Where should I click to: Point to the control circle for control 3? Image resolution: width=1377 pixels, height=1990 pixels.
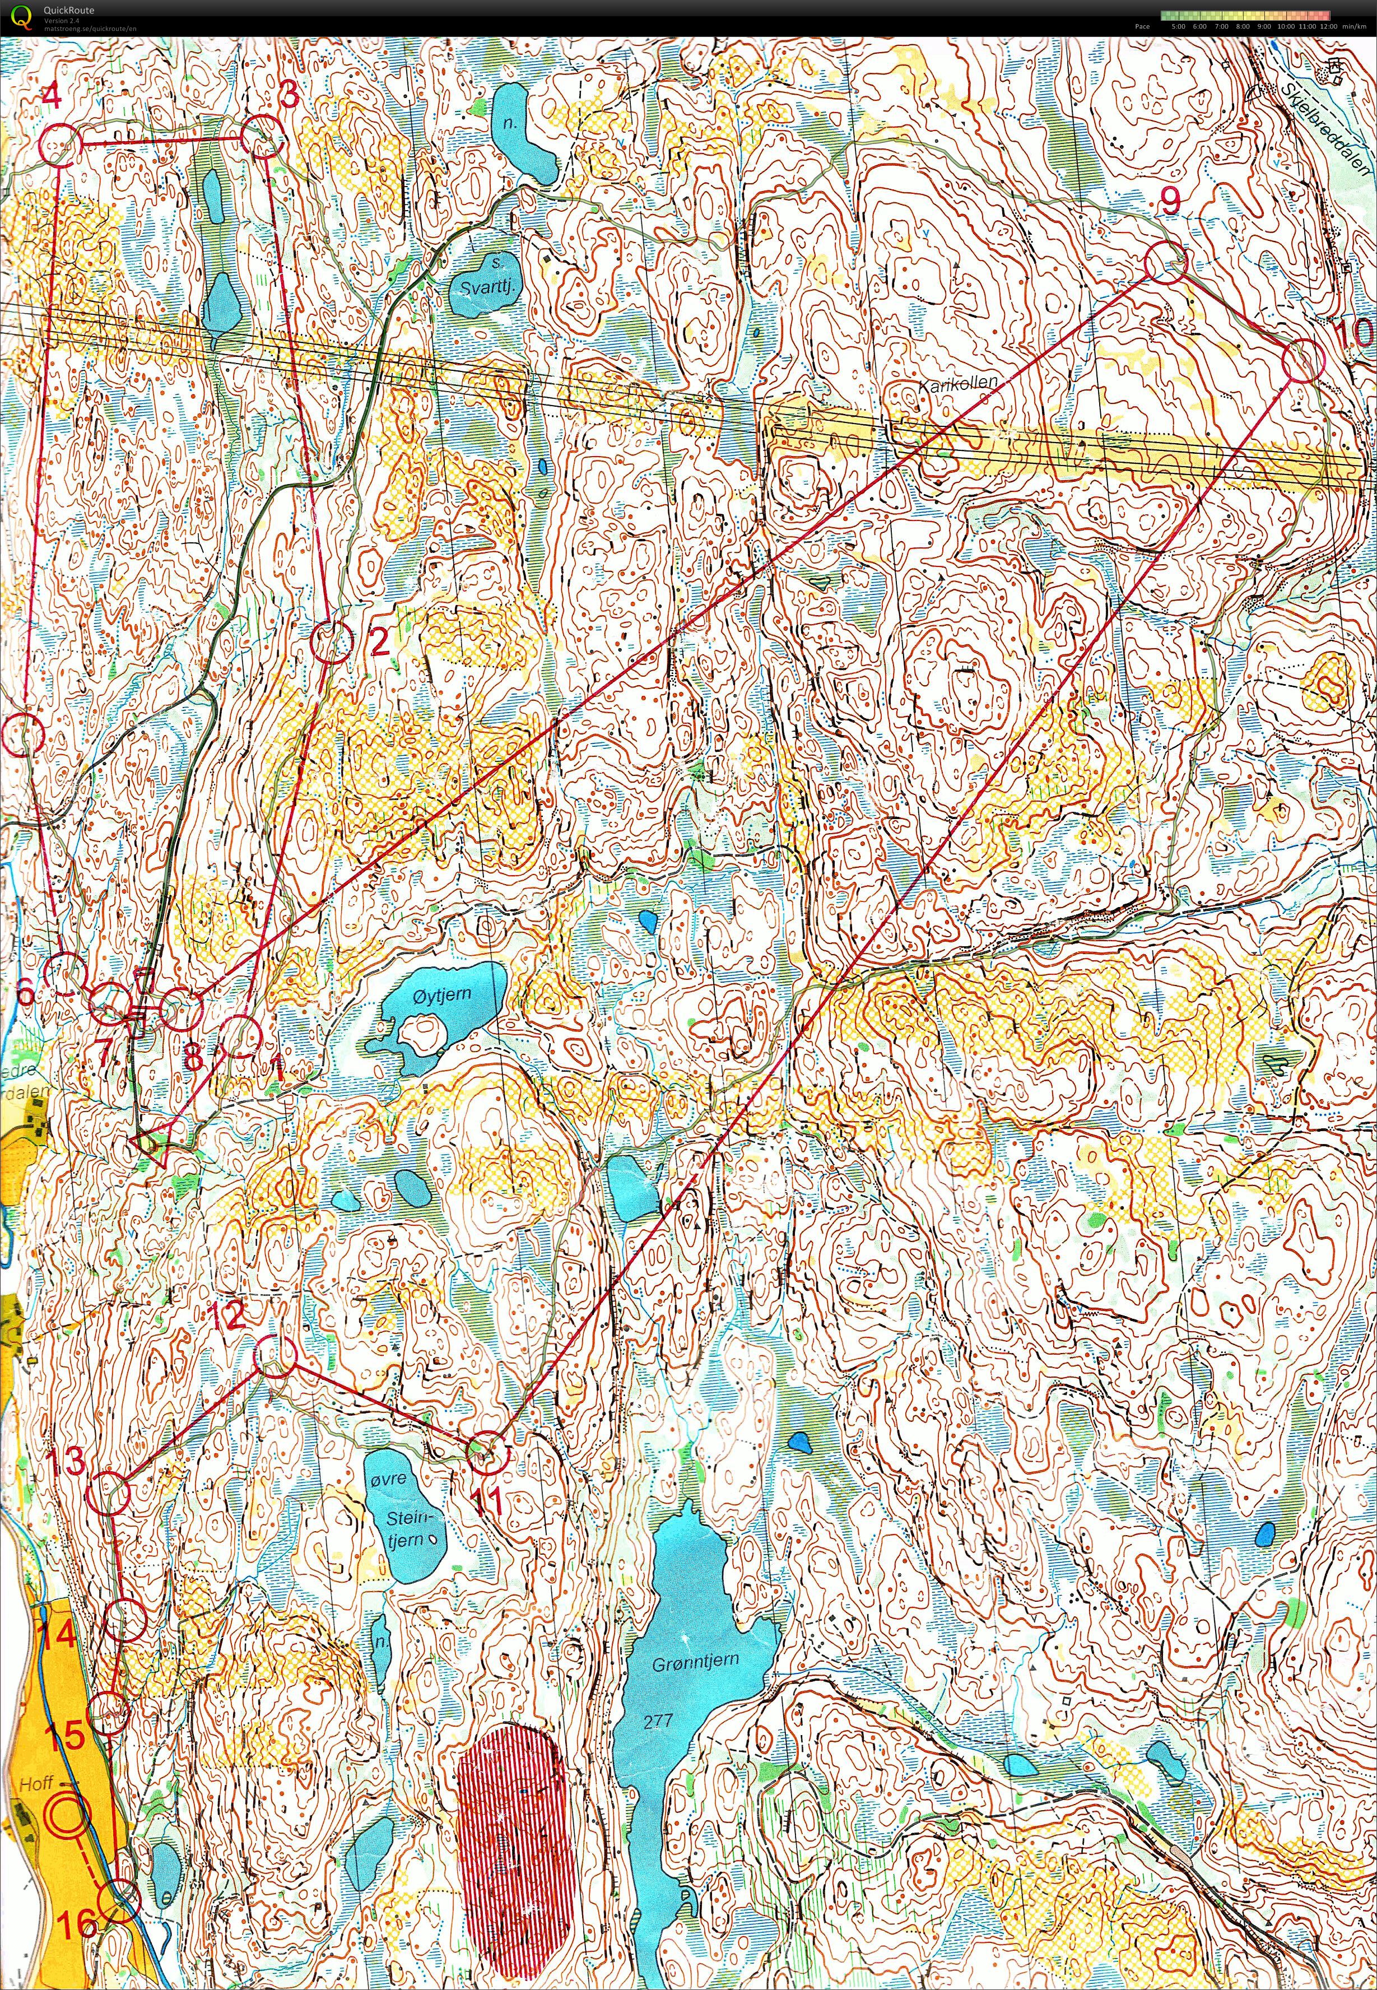[262, 138]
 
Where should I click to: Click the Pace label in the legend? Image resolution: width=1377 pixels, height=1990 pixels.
[1142, 26]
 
